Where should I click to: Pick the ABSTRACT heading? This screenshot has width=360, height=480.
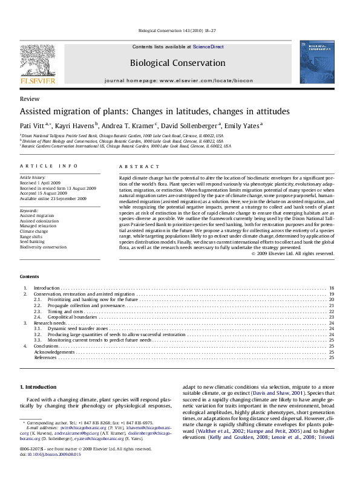(x=135, y=166)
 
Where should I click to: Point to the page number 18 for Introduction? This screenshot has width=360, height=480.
(x=331, y=287)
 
